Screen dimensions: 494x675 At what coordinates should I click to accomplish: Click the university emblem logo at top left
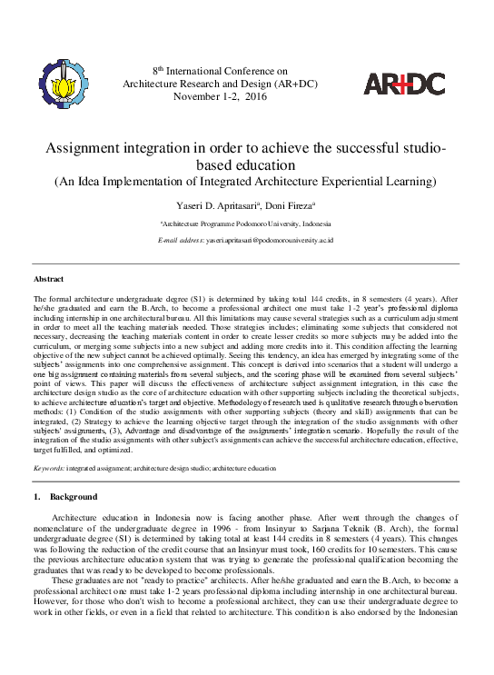(x=64, y=83)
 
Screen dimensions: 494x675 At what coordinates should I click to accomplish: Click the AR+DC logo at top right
(x=404, y=84)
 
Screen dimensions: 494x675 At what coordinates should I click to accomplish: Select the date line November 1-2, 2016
(x=218, y=95)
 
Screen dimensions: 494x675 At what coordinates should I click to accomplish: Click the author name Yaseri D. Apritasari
(x=218, y=207)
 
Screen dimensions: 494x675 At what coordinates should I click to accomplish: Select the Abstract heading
(x=48, y=279)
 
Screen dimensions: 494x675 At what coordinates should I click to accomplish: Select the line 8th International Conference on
(x=219, y=69)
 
